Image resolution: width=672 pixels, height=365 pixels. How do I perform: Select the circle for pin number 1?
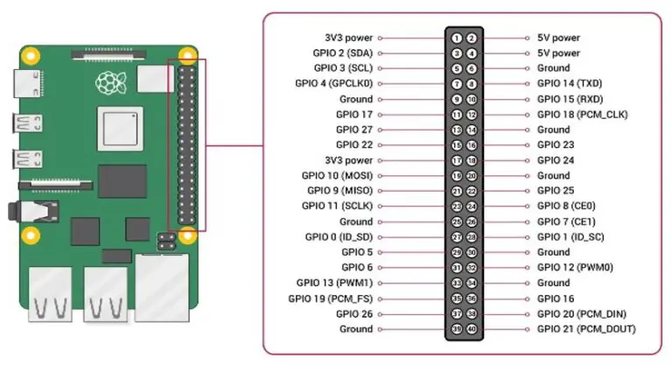point(457,39)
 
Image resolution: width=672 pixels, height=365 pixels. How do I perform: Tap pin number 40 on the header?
point(472,329)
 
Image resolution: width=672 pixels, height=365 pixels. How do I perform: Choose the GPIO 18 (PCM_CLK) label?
point(582,115)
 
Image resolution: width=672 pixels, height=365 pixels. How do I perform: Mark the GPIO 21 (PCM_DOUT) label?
point(585,329)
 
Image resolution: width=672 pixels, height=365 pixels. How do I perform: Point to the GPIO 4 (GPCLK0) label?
point(334,84)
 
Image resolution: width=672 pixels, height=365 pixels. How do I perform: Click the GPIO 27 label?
point(353,130)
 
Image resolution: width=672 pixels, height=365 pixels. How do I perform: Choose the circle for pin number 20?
point(472,176)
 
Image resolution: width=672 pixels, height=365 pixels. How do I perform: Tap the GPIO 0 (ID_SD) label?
point(339,237)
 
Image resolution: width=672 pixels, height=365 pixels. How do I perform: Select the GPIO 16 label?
point(556,298)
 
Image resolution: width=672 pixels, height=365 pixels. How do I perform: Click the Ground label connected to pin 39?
point(356,329)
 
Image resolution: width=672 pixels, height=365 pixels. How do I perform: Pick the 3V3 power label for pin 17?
point(347,161)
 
